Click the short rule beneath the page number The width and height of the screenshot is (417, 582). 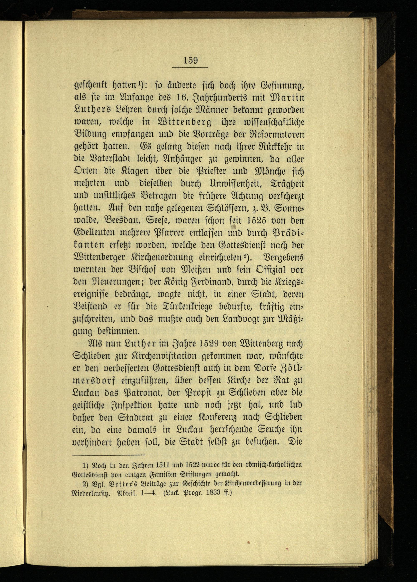[x=190, y=68]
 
